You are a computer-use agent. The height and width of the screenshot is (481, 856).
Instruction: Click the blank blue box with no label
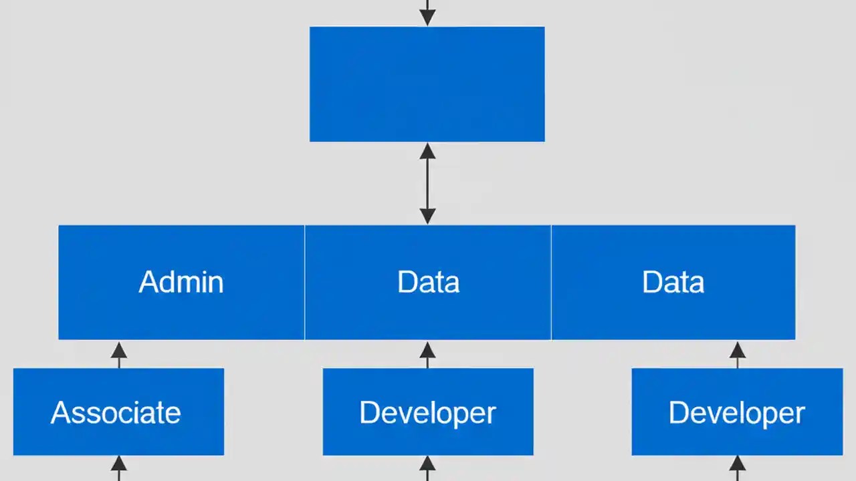(x=427, y=84)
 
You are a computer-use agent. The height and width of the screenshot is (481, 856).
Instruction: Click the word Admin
(x=181, y=282)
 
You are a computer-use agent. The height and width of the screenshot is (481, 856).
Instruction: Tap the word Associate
(x=116, y=413)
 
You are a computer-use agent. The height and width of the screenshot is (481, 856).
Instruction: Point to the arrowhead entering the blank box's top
(x=427, y=18)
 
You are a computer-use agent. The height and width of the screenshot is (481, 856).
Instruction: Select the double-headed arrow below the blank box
(x=427, y=184)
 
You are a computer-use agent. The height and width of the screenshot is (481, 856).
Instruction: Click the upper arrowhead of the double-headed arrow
(x=427, y=152)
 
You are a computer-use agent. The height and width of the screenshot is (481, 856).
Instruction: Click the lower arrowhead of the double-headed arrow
(x=427, y=216)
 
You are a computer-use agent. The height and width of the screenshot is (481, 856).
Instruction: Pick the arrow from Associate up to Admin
(x=119, y=354)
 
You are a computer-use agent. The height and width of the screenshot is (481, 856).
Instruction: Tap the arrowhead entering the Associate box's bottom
(x=119, y=464)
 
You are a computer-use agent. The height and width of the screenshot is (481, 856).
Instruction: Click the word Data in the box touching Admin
(x=428, y=282)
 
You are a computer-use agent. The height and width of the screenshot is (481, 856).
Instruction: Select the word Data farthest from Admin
(x=673, y=282)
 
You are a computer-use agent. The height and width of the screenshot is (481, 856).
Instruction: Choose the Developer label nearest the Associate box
(x=428, y=413)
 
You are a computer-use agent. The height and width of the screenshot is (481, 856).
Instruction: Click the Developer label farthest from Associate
(x=737, y=413)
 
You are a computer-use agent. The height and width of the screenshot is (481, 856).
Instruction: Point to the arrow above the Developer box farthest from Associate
(x=738, y=354)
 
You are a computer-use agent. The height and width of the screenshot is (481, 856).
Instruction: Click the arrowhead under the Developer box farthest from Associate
(x=738, y=464)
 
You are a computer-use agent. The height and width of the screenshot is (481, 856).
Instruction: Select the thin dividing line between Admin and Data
(x=305, y=282)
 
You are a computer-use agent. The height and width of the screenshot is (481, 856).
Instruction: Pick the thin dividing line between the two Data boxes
(x=551, y=282)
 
